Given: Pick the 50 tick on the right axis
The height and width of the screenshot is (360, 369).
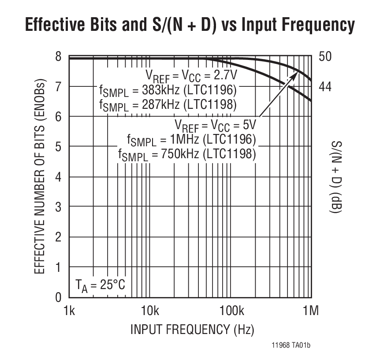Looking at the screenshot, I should pyautogui.click(x=325, y=57).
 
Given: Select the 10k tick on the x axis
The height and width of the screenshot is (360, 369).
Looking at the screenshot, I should pyautogui.click(x=150, y=311).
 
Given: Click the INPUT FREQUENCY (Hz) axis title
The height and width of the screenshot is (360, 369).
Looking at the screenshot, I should pyautogui.click(x=192, y=329).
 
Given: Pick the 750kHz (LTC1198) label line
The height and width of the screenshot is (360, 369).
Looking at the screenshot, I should pyautogui.click(x=186, y=154).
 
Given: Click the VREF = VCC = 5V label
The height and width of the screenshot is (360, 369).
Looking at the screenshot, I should pyautogui.click(x=215, y=125).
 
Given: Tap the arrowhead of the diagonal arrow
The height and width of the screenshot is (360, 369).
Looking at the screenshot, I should pyautogui.click(x=295, y=75).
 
